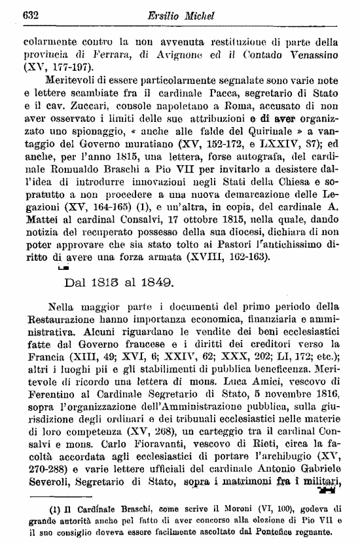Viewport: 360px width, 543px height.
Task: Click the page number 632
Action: pyautogui.click(x=31, y=14)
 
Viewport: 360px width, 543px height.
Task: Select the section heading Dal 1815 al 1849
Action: pyautogui.click(x=118, y=282)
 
